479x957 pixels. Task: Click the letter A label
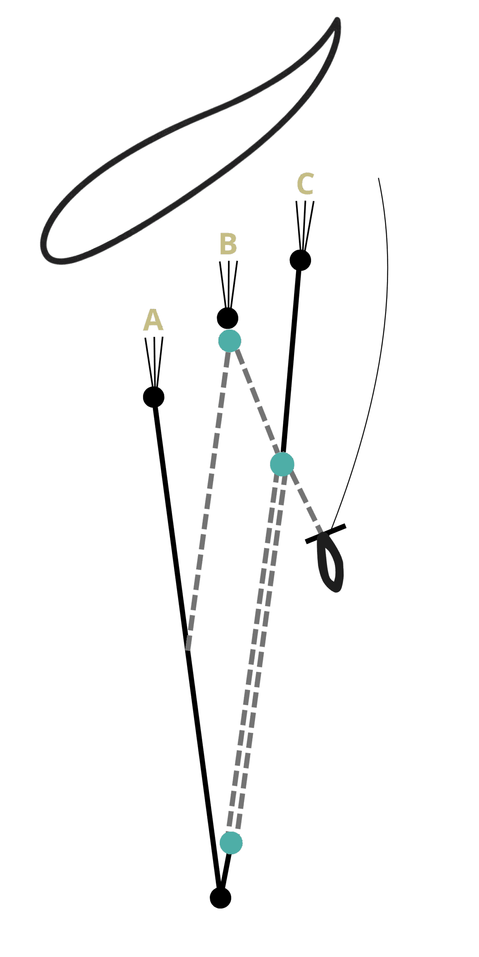153,320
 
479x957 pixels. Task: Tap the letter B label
228,244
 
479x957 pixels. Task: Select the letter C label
305,184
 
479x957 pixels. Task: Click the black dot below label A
154,397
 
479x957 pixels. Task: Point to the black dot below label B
228,318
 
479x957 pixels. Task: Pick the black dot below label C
300,260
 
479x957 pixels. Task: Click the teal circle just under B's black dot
230,341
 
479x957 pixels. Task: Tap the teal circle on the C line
282,464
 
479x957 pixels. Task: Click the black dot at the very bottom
220,897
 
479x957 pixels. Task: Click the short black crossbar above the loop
326,534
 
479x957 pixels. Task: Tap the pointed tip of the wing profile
337,21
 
